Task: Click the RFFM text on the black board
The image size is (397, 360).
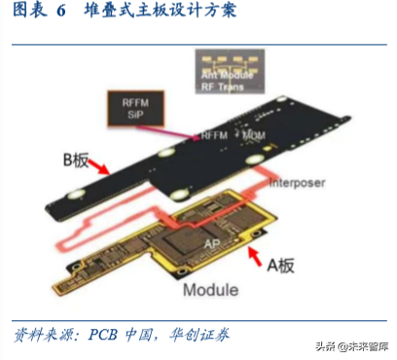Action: click(x=214, y=134)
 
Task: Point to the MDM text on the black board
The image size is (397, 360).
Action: click(x=253, y=134)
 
